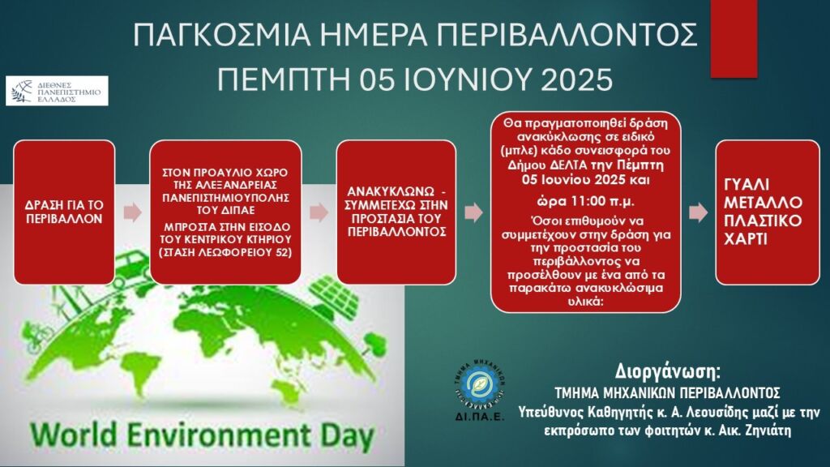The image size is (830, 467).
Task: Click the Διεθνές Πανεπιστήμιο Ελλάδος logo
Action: pyautogui.click(x=58, y=91)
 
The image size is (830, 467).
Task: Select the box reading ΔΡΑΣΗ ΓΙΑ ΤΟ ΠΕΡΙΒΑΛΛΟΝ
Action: pyautogui.click(x=64, y=212)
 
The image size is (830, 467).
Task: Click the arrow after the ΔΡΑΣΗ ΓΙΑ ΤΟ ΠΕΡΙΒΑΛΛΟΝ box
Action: pyautogui.click(x=133, y=212)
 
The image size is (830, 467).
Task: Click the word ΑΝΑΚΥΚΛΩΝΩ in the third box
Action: pyautogui.click(x=391, y=191)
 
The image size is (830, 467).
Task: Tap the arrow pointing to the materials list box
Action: pyautogui.click(x=698, y=212)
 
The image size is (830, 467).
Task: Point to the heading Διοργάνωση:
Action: pyautogui.click(x=668, y=371)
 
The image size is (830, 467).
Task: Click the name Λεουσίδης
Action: pyautogui.click(x=707, y=412)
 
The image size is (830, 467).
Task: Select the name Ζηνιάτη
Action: pyautogui.click(x=761, y=430)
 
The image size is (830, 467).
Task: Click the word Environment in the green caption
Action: pyautogui.click(x=217, y=435)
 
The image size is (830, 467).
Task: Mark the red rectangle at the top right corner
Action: pyautogui.click(x=734, y=38)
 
